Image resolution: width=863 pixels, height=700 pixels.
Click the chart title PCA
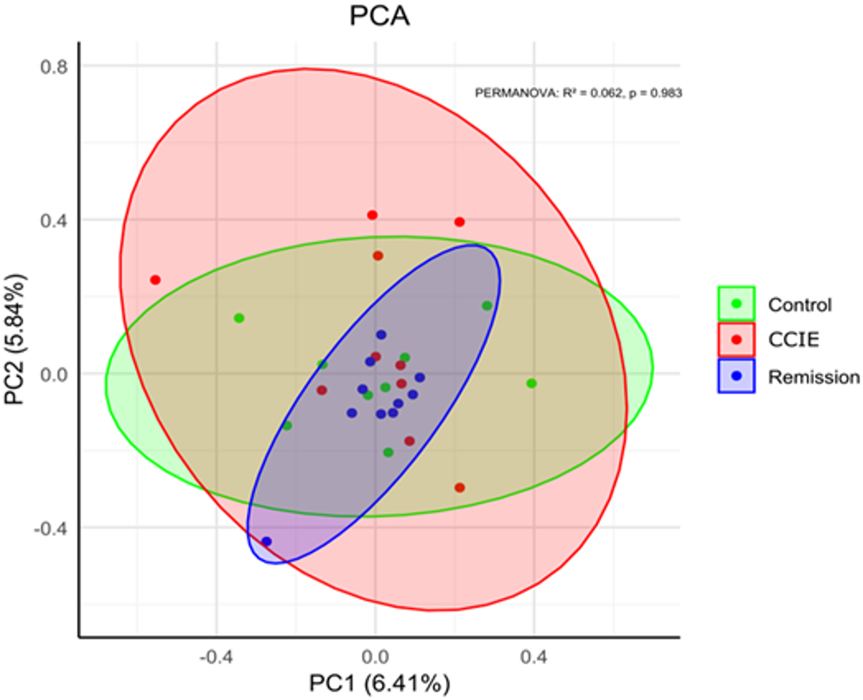click(x=379, y=16)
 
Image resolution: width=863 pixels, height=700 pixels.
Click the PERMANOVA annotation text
click(x=578, y=93)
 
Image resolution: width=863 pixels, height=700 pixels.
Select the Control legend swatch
click(x=736, y=303)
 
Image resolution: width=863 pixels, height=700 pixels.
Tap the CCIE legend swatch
click(x=736, y=339)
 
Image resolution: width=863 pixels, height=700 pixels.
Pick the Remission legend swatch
click(x=736, y=376)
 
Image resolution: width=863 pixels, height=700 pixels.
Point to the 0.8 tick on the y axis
click(x=54, y=67)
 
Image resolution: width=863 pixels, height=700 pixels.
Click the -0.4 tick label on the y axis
click(x=51, y=529)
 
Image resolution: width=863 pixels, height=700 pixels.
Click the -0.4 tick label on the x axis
click(x=216, y=657)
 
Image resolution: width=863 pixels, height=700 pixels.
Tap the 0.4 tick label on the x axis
click(x=534, y=657)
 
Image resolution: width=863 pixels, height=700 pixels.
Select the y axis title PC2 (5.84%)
click(x=15, y=339)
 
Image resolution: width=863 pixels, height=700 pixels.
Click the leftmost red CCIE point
click(x=155, y=280)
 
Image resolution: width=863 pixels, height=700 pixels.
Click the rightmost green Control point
click(x=532, y=383)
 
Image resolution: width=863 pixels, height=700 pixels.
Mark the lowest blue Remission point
click(x=266, y=541)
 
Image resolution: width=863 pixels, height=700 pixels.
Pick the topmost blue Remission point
click(x=381, y=335)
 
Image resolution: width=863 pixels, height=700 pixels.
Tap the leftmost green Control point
click(x=239, y=318)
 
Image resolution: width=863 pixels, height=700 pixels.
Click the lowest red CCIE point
click(x=459, y=488)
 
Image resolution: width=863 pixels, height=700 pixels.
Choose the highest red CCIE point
click(x=372, y=215)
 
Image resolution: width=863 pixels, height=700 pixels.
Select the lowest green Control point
click(x=388, y=452)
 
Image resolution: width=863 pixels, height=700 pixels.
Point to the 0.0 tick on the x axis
click(x=375, y=657)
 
